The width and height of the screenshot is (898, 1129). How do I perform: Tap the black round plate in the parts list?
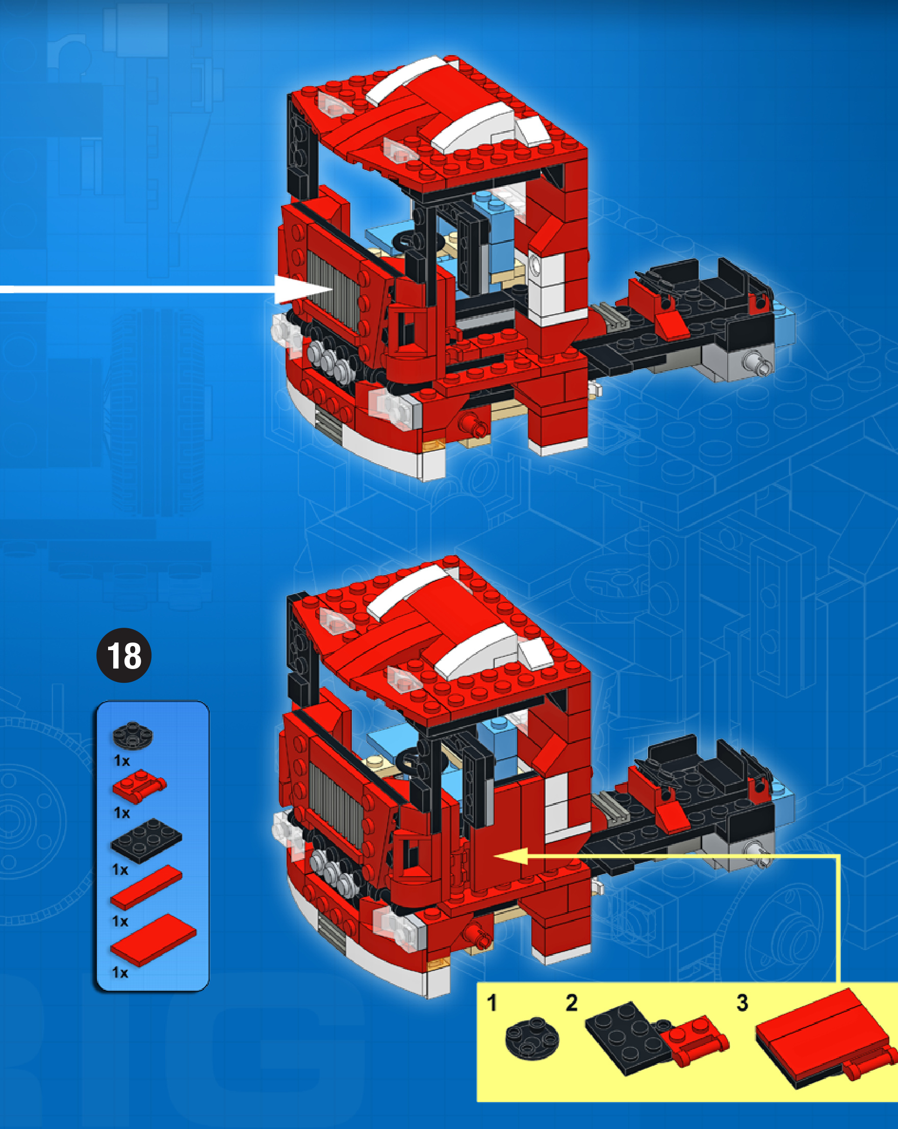click(x=133, y=735)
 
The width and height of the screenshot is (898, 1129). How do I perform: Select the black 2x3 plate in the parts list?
click(x=146, y=840)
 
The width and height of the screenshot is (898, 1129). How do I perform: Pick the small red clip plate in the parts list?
click(x=139, y=785)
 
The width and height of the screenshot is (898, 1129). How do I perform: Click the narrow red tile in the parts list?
click(x=146, y=887)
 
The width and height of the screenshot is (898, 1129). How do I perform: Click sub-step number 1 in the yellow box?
click(x=492, y=1004)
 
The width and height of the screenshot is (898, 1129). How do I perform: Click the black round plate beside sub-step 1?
click(x=532, y=1038)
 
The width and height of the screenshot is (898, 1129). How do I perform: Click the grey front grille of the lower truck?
click(x=335, y=804)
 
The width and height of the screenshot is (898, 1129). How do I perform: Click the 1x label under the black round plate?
click(x=121, y=760)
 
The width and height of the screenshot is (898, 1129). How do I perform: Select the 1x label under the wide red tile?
click(x=120, y=973)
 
